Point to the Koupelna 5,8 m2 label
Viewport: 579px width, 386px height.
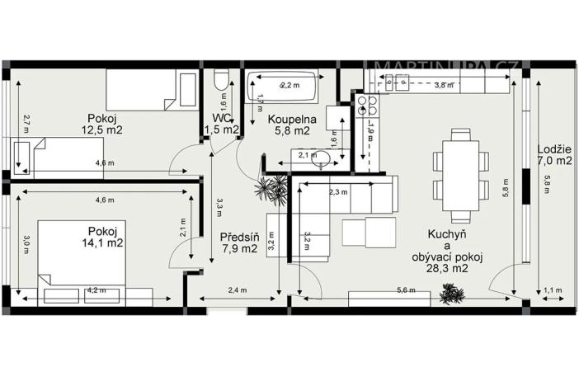[288, 124]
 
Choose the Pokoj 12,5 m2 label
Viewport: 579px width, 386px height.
[101, 124]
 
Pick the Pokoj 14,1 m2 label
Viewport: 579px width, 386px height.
[101, 236]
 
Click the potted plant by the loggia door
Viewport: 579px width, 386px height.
[451, 292]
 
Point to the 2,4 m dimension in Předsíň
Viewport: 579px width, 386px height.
[238, 290]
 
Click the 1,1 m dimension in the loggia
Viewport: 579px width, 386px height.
[553, 290]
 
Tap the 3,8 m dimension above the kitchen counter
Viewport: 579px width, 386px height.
[444, 85]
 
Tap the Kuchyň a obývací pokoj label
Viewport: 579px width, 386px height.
[446, 245]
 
